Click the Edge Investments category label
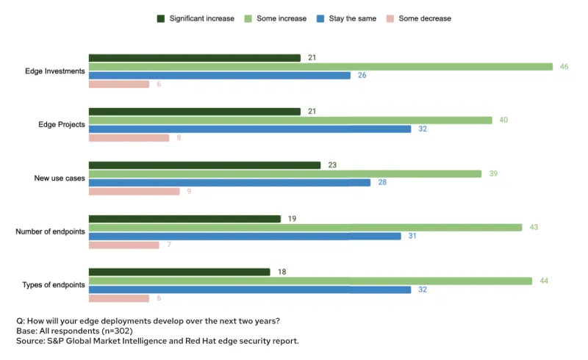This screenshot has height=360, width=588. (55, 71)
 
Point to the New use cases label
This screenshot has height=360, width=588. (60, 179)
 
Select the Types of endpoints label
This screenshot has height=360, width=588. (54, 285)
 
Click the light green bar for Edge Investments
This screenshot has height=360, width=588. (320, 67)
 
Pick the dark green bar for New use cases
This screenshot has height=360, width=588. (204, 165)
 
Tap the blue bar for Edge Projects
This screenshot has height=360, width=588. (250, 129)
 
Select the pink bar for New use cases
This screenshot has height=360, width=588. (134, 192)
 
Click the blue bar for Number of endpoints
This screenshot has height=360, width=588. (245, 236)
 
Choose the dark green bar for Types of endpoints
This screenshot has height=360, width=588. (179, 272)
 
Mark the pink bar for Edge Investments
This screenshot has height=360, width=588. (119, 84)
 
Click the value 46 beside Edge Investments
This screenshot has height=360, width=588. (564, 67)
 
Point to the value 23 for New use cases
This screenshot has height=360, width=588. (332, 165)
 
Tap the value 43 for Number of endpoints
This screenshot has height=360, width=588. (534, 227)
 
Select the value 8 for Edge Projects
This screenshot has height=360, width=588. (179, 138)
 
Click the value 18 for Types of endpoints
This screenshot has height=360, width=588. (282, 272)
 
